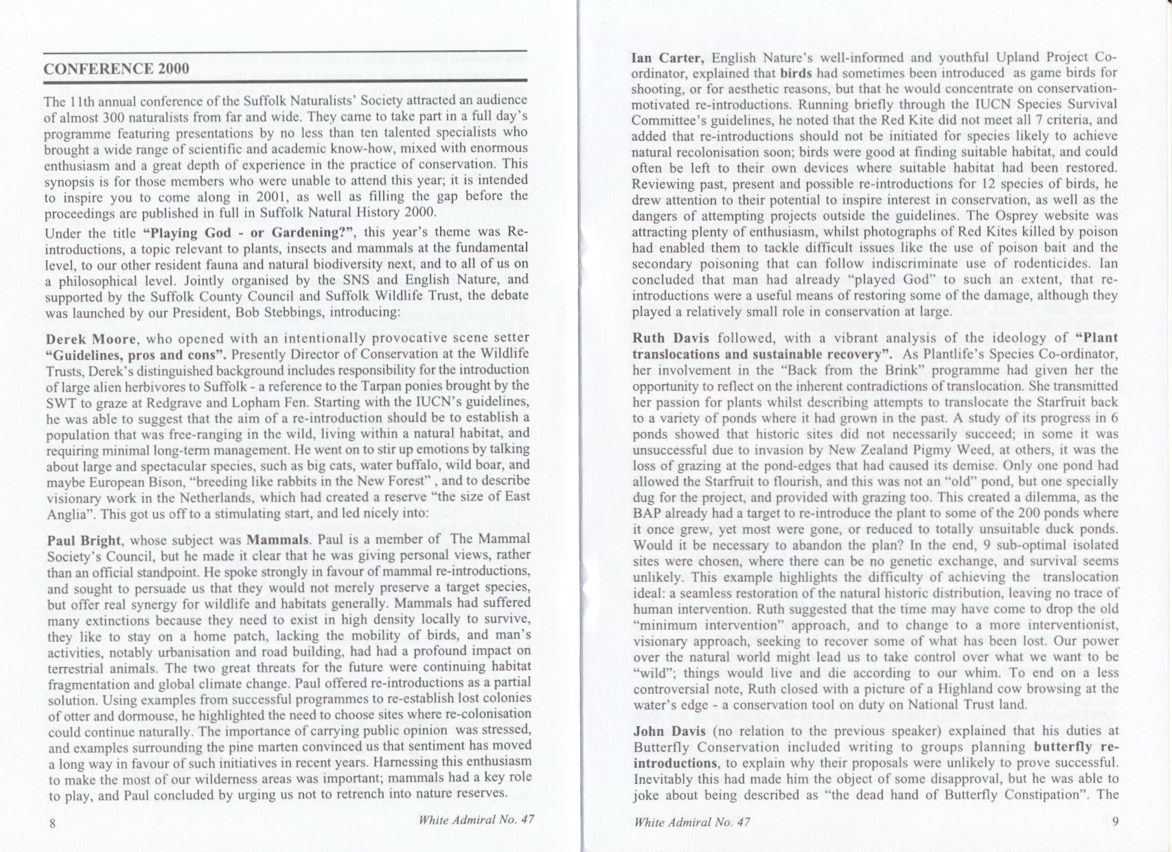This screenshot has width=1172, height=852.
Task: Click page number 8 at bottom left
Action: click(52, 823)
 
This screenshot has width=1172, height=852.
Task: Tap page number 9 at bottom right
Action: click(1115, 822)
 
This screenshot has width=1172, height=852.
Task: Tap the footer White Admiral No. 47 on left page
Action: click(476, 819)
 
